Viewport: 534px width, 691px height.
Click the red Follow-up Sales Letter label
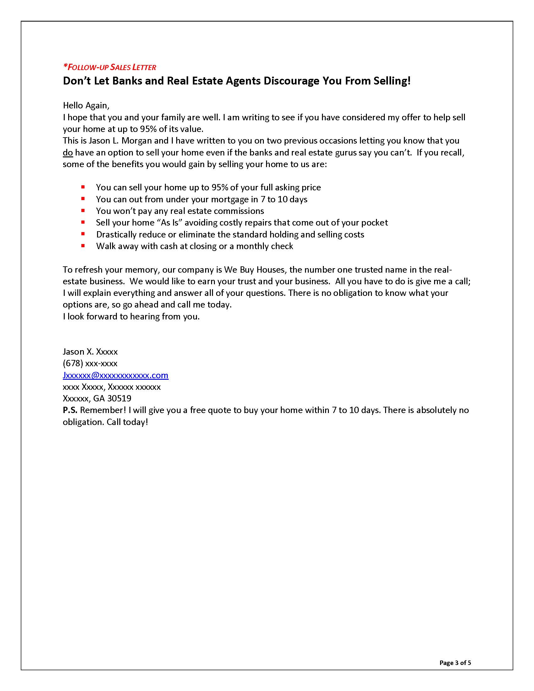[x=109, y=67]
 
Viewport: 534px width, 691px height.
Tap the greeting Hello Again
[x=86, y=105]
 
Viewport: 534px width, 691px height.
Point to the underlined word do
[x=68, y=153]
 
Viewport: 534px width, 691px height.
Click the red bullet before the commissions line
[x=83, y=210]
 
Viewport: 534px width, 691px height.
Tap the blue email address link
[x=116, y=375]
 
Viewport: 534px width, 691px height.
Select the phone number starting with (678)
[x=90, y=363]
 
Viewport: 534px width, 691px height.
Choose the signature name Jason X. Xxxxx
[x=90, y=351]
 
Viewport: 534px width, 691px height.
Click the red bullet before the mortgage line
[x=83, y=199]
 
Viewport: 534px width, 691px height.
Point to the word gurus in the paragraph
[x=345, y=153]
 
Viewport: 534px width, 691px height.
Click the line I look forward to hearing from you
[x=131, y=316]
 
